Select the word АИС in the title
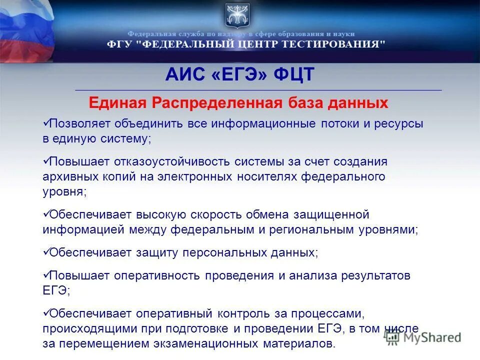pos(185,75)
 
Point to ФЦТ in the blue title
pos(294,75)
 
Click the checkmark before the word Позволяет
pos(45,122)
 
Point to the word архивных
pos(70,177)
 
